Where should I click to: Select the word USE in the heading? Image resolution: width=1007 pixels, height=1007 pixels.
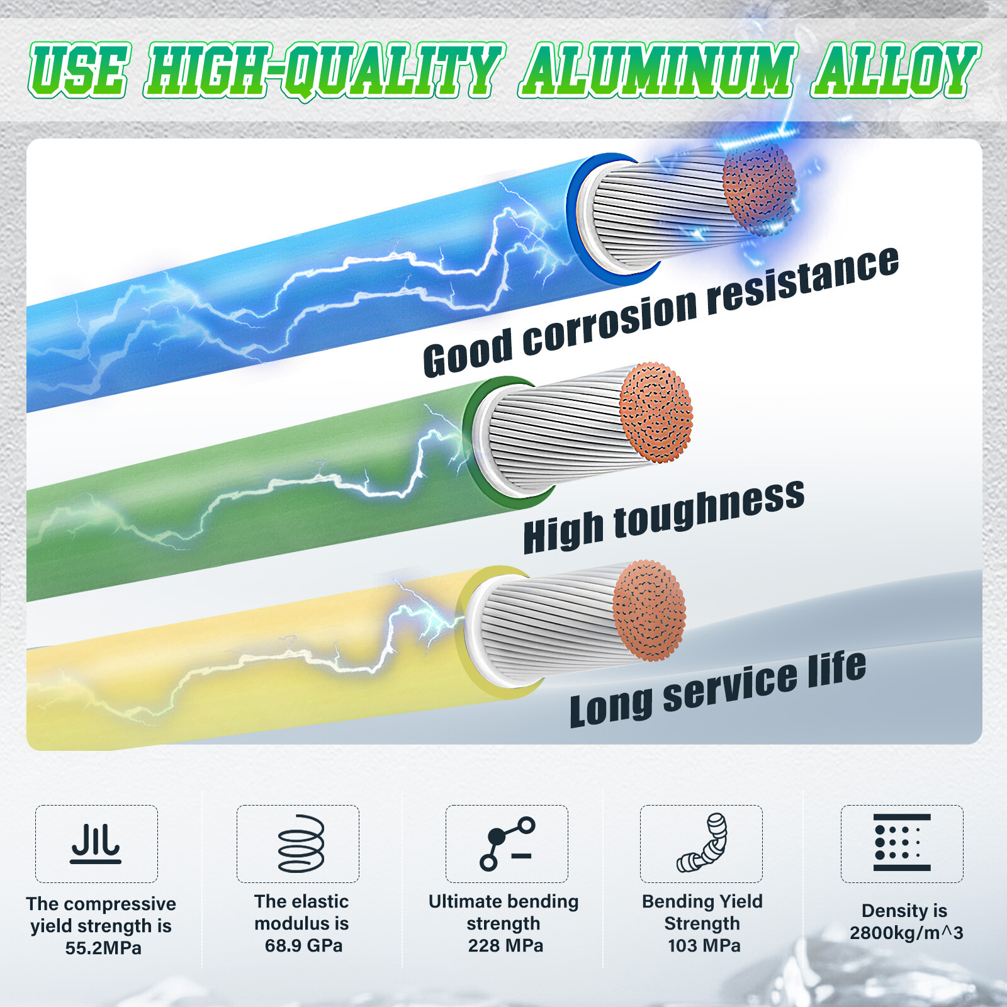80,70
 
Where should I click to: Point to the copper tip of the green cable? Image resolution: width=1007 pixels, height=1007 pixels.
656,412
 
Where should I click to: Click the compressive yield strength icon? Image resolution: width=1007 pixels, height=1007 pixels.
96,843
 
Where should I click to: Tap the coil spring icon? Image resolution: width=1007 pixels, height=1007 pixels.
301,843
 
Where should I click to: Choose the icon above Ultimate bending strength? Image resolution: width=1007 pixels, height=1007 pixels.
507,843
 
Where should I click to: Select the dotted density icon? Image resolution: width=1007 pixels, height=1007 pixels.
902,843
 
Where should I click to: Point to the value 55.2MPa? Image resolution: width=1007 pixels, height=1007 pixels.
103,948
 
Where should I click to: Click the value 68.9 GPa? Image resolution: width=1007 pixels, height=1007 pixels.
303,945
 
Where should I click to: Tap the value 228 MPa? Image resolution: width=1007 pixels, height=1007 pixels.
505,945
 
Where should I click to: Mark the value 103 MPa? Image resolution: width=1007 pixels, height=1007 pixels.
704,945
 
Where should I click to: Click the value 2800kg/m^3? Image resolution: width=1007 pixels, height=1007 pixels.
906,933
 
